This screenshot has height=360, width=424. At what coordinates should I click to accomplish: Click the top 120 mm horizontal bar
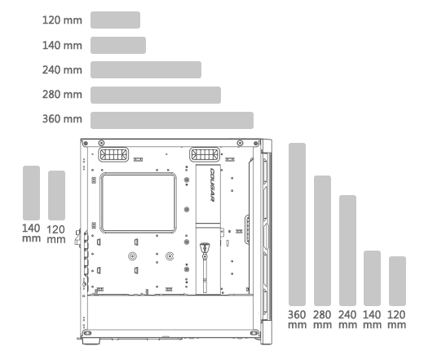click(x=115, y=20)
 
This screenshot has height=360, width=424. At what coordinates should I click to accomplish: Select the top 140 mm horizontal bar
click(x=118, y=45)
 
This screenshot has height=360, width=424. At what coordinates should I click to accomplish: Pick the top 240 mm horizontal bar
click(x=146, y=70)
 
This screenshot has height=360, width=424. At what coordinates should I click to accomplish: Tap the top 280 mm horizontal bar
click(x=156, y=95)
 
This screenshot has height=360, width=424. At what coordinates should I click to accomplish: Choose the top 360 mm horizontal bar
click(x=172, y=120)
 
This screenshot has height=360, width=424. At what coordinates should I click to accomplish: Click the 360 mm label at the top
click(x=62, y=119)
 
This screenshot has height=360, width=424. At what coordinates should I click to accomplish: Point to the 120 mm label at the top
click(x=62, y=20)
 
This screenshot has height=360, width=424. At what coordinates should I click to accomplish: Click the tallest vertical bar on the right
click(x=297, y=224)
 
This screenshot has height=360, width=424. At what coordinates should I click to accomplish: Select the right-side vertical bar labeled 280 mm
click(x=322, y=241)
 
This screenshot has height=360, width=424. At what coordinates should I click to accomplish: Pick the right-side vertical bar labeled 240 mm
click(x=347, y=251)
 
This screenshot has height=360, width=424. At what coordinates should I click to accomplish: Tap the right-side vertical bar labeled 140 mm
click(x=372, y=278)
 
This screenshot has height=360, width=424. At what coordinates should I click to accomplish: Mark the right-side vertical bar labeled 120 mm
click(x=397, y=281)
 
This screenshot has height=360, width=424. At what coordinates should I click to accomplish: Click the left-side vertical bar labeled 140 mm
click(x=31, y=193)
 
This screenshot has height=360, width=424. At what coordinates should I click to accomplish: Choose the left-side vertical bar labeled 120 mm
click(x=56, y=195)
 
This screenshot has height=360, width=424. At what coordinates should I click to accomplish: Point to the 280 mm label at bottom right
click(x=322, y=319)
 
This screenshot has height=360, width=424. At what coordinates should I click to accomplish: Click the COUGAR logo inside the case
click(x=212, y=184)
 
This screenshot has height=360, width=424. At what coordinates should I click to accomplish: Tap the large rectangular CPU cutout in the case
click(x=139, y=202)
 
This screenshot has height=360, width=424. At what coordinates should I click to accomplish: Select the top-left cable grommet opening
click(x=113, y=154)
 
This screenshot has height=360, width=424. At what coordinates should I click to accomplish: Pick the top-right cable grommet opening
click(x=205, y=154)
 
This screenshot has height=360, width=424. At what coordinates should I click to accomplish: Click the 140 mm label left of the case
click(x=31, y=233)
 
